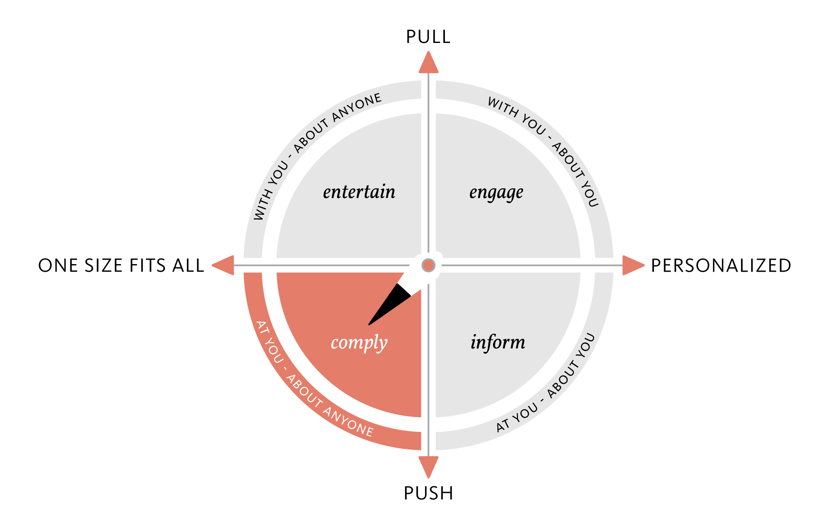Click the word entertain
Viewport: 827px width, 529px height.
click(359, 192)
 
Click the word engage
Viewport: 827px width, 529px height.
click(496, 193)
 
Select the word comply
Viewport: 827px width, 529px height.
click(359, 343)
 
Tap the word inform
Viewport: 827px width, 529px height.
click(498, 342)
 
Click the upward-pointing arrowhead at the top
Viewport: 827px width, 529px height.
click(429, 63)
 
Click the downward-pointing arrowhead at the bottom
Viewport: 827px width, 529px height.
click(429, 466)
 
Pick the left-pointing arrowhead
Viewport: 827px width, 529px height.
click(224, 265)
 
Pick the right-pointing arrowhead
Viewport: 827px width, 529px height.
click(633, 265)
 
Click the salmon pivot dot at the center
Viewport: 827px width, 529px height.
click(429, 265)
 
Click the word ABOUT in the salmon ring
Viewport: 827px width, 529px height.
click(304, 391)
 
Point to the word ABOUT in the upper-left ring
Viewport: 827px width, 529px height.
click(311, 136)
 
